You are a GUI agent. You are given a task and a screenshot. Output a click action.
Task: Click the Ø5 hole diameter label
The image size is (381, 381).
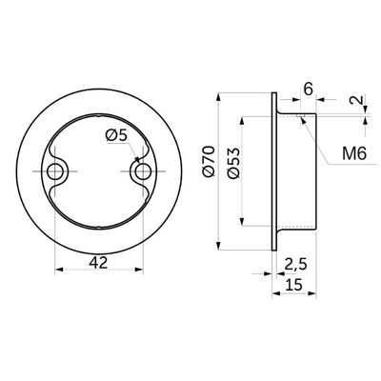click(x=116, y=136)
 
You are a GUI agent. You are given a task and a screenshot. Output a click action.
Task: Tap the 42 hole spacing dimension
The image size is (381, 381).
click(x=98, y=263)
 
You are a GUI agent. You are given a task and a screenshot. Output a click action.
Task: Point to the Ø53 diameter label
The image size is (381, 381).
click(x=234, y=163)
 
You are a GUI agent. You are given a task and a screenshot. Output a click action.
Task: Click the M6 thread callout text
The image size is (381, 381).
click(x=354, y=154)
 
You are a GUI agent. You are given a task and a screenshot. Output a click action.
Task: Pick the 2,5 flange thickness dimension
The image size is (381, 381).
click(x=295, y=264)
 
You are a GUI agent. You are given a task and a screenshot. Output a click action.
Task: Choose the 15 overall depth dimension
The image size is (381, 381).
click(x=293, y=285)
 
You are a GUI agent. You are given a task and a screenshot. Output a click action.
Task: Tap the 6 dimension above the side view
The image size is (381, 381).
click(x=308, y=90)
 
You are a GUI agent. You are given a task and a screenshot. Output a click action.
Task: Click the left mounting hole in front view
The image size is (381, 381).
click(x=55, y=171)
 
